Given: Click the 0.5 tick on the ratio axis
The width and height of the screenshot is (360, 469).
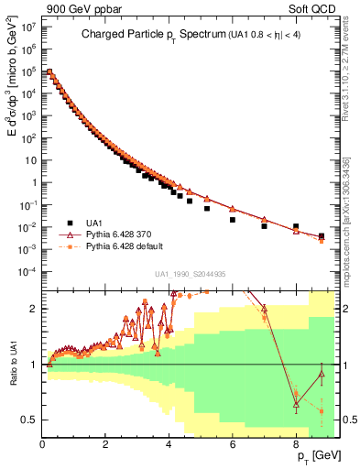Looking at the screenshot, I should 29,420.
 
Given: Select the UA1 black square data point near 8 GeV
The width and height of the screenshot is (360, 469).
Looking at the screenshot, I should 295,226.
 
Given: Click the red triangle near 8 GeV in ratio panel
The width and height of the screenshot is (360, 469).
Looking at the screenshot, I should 295,403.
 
